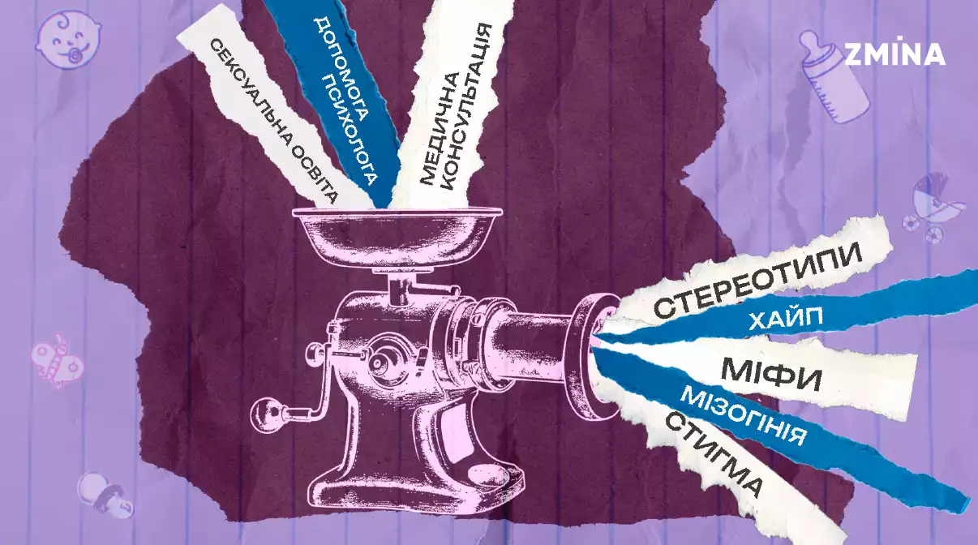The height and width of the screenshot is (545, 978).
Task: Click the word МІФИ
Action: pyautogui.click(x=771, y=375)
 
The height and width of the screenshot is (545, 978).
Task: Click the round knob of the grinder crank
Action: pyautogui.click(x=264, y=412)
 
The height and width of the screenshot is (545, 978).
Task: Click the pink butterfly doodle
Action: pyautogui.click(x=56, y=360)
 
